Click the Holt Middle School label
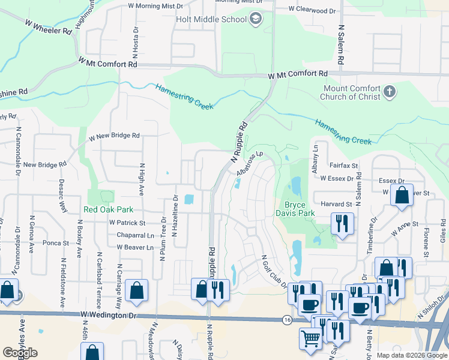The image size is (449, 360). click(211, 19)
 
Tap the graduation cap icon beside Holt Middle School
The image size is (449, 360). click(256, 19)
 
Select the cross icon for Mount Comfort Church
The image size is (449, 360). click(390, 92)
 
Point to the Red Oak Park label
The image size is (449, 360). click(107, 209)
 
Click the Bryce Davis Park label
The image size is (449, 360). click(295, 208)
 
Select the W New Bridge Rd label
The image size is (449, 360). click(114, 136)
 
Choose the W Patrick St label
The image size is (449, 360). click(127, 223)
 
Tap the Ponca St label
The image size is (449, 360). click(57, 243)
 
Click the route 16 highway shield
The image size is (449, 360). click(288, 320)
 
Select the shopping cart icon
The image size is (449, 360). click(310, 339)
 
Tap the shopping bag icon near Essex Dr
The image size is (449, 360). click(401, 195)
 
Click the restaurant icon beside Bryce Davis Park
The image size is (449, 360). click(343, 223)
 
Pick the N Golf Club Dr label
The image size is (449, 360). click(273, 271)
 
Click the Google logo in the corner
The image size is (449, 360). click(20, 353)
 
